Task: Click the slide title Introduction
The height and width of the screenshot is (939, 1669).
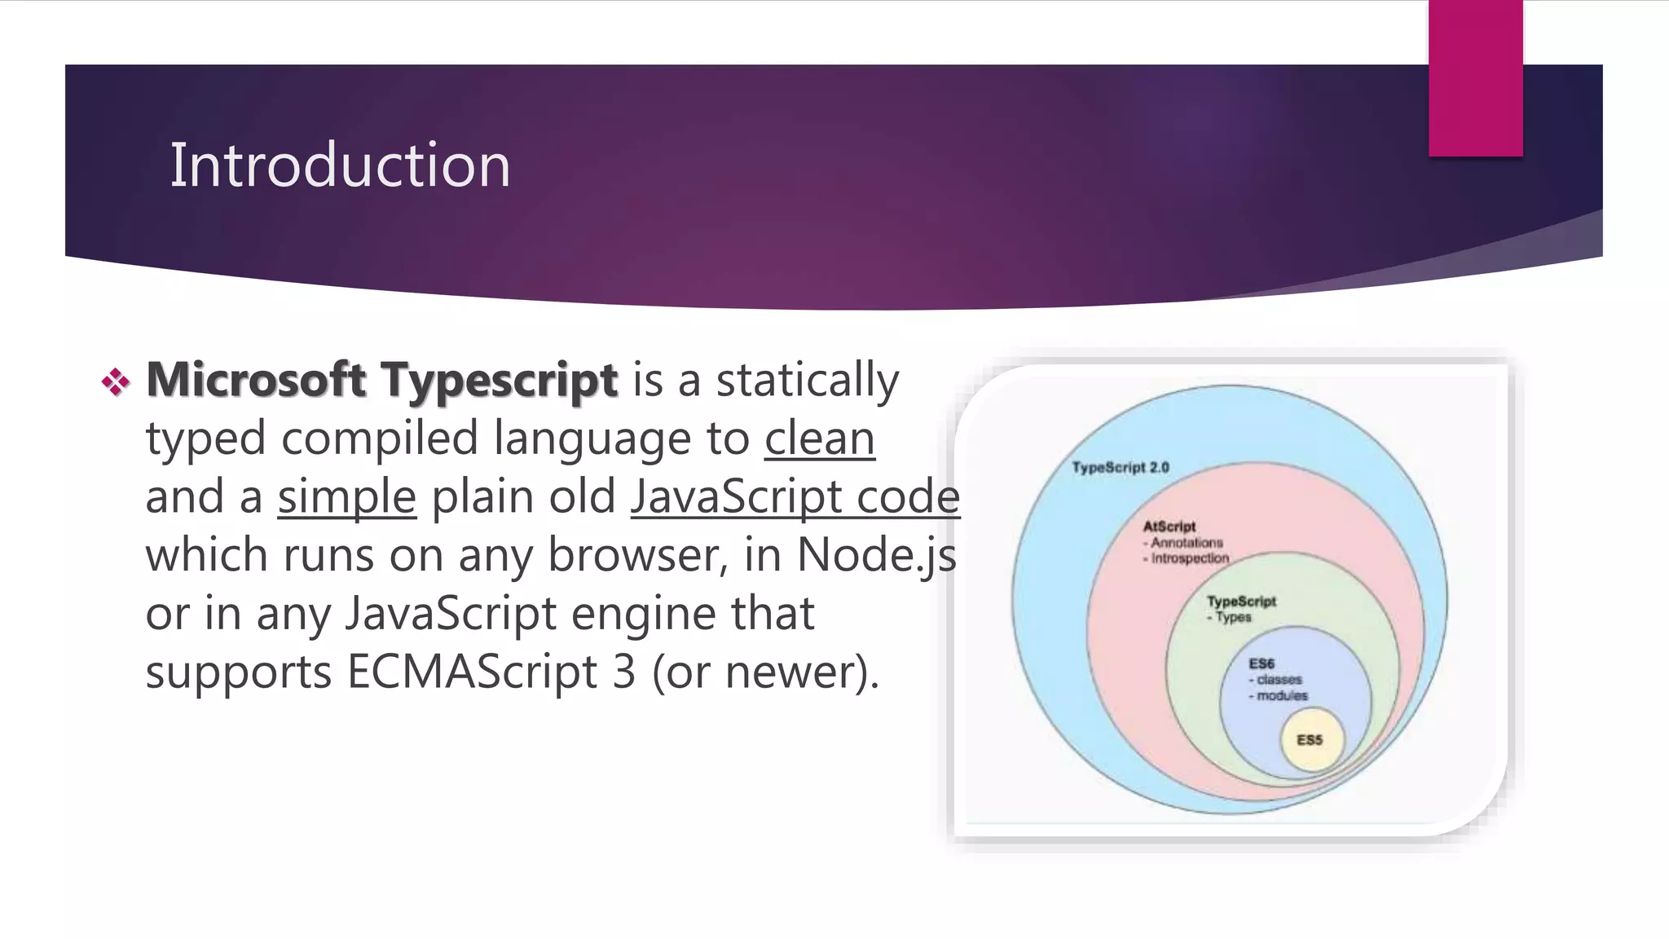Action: click(x=340, y=165)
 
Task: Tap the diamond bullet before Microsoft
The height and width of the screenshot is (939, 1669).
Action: click(x=116, y=381)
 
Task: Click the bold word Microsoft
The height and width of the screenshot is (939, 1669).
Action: click(x=255, y=380)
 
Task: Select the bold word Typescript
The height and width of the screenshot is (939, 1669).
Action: click(x=499, y=381)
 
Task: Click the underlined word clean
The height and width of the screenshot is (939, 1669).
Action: click(x=819, y=439)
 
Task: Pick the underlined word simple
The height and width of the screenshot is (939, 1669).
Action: click(x=346, y=497)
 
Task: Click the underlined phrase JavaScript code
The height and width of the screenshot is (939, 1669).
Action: click(x=795, y=497)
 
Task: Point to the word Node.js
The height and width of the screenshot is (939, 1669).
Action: click(x=876, y=556)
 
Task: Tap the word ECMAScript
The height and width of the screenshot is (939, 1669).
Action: click(x=472, y=672)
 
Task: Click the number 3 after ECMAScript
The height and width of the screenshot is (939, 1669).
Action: click(x=623, y=672)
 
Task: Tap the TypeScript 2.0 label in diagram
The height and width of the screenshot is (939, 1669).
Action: click(x=1120, y=467)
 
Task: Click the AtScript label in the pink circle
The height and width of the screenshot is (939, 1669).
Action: click(x=1169, y=527)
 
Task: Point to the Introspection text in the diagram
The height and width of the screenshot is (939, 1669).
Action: click(x=1189, y=558)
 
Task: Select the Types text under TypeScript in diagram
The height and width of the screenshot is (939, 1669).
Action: click(x=1232, y=617)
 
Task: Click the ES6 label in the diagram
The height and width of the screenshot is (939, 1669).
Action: click(x=1261, y=663)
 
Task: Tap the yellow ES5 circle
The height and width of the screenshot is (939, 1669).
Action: click(x=1310, y=740)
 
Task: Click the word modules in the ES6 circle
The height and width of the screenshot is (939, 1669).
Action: click(x=1281, y=695)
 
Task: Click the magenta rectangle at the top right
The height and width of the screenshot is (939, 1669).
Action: click(x=1475, y=77)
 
